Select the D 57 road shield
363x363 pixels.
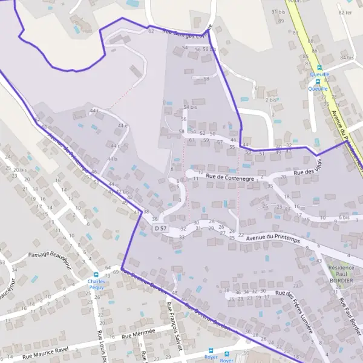[160, 228]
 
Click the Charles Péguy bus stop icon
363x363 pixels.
[96, 273]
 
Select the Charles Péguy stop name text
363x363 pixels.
[96, 285]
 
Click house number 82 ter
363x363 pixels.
[345, 12]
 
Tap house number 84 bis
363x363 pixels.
[347, 57]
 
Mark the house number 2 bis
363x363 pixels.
[271, 99]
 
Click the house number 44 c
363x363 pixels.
[116, 146]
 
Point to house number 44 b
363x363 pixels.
[112, 159]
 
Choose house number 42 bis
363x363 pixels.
[123, 192]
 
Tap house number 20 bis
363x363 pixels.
[20, 170]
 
